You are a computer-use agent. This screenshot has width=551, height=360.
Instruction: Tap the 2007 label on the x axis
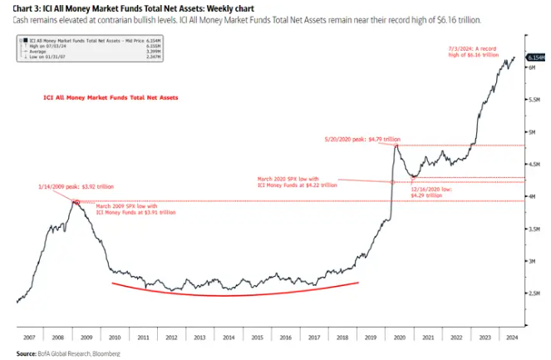[x=29, y=338]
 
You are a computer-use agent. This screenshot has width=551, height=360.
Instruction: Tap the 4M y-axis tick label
[x=534, y=196]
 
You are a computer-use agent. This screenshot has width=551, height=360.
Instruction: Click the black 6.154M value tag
[x=538, y=58]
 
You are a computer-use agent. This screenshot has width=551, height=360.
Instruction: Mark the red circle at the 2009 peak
[x=76, y=202]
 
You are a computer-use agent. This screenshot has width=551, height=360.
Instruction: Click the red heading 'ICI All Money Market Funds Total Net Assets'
[x=111, y=97]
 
